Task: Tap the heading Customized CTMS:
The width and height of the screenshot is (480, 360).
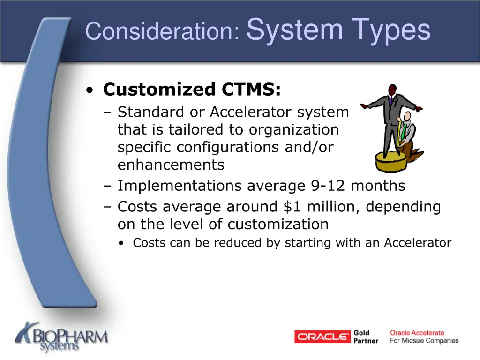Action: pos(192,89)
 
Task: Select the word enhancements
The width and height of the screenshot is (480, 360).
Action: pos(171,165)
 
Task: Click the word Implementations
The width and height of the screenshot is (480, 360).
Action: pos(180,186)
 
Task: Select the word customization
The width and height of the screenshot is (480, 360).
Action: pos(278,224)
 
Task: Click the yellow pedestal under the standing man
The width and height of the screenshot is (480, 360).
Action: pos(391,162)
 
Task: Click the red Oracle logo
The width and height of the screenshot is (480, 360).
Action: pos(322,337)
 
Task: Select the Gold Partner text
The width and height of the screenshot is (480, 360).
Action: pos(366,337)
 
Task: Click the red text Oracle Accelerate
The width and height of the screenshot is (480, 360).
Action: pos(417,333)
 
